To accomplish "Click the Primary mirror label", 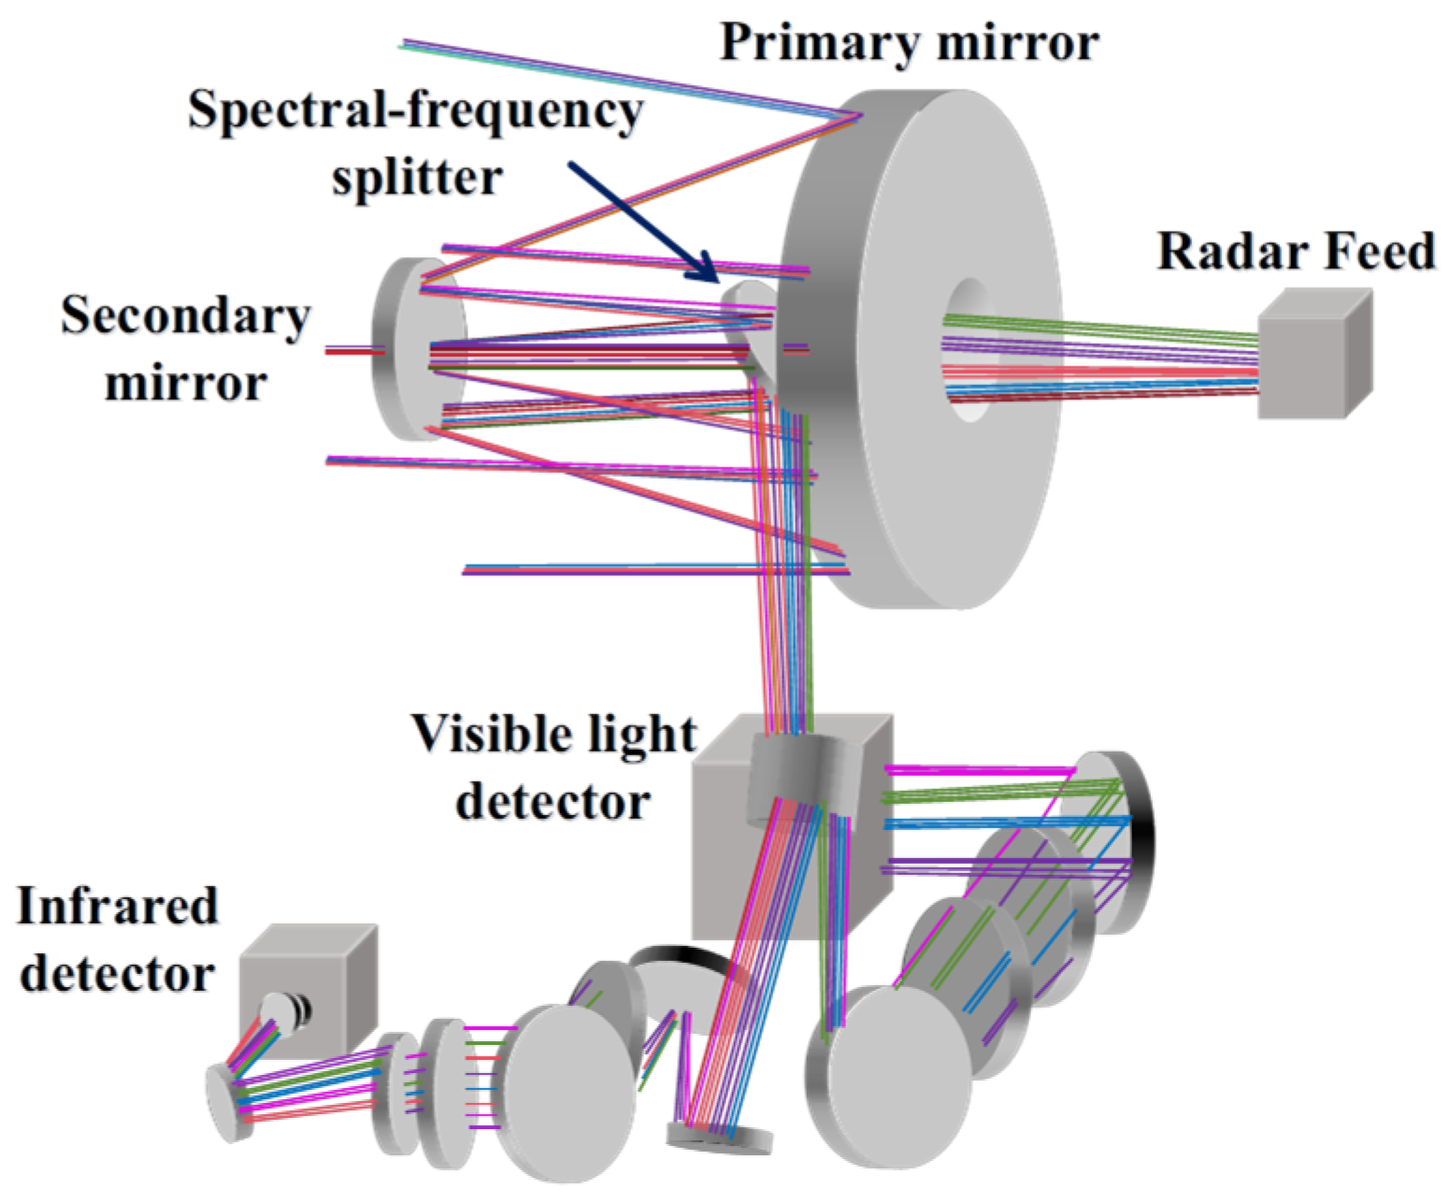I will (x=909, y=43).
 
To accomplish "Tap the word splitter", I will (x=417, y=177).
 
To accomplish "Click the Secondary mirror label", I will (x=185, y=349).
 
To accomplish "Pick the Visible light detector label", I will (x=553, y=766).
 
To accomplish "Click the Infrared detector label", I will (x=118, y=938).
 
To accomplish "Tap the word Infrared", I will (x=118, y=906).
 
